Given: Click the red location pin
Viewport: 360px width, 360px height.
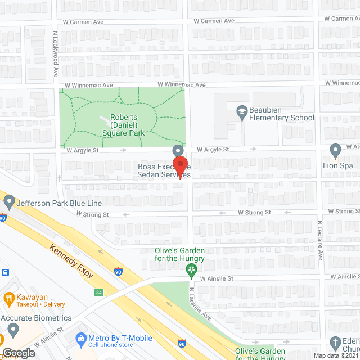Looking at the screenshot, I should point(180,167).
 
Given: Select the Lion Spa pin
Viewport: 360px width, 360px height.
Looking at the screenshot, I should point(336,151).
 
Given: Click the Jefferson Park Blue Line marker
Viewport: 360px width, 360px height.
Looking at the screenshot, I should point(8,201).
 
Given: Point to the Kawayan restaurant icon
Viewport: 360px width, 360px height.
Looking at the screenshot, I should point(8,298).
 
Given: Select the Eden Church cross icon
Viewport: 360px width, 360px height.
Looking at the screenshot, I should point(336,343).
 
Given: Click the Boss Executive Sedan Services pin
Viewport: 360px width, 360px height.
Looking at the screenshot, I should point(178,151).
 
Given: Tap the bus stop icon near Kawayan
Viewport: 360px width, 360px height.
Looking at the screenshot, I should point(4,272).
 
